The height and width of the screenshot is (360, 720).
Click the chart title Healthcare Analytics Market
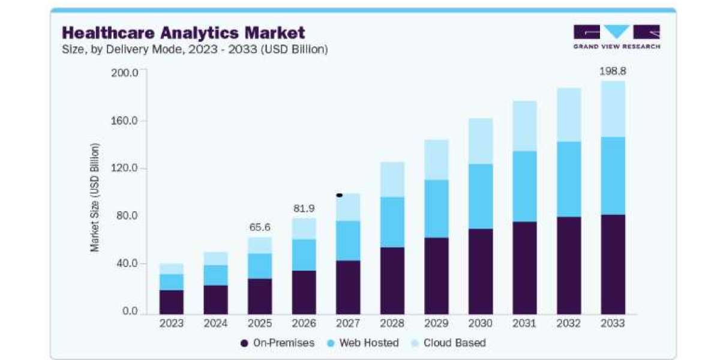tap(183, 33)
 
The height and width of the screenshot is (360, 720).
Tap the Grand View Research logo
tap(617, 37)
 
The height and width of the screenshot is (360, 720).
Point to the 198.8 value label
tap(613, 71)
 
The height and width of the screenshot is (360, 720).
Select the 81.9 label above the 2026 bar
tap(304, 209)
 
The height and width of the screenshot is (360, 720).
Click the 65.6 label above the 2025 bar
tap(260, 227)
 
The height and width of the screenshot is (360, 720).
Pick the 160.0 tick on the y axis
tap(124, 121)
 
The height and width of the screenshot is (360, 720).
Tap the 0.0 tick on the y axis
tap(130, 311)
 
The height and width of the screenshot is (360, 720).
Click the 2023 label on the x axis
tap(172, 323)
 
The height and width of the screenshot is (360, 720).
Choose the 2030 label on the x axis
tap(480, 323)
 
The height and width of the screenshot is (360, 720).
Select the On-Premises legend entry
tap(277, 343)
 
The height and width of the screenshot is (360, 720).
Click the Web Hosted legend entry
tap(363, 343)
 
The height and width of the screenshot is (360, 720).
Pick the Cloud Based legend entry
tap(449, 343)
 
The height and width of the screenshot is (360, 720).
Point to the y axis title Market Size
tap(95, 197)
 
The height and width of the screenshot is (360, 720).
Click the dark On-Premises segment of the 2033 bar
tap(613, 264)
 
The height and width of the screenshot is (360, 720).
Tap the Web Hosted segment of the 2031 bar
tap(524, 186)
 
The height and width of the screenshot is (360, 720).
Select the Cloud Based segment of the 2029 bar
tap(436, 160)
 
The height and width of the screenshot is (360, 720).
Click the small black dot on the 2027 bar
tap(340, 195)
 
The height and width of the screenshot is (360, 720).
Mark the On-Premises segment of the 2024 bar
tap(215, 299)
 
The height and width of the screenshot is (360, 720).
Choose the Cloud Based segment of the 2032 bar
tap(569, 115)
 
